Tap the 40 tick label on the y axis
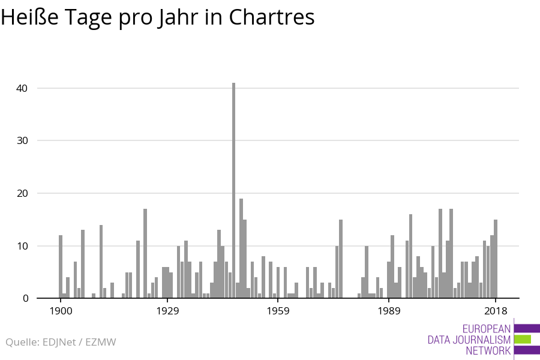(22, 88)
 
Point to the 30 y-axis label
(22, 140)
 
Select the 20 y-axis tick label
(22, 193)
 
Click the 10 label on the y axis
(22, 246)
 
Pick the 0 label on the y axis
(25, 298)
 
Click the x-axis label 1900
(61, 311)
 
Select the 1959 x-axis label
(278, 311)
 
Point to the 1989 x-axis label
(389, 311)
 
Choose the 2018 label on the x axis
(496, 311)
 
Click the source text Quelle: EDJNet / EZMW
(61, 342)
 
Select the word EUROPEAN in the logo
(487, 329)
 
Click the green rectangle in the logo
(523, 339)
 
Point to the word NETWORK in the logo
(488, 350)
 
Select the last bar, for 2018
(496, 259)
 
